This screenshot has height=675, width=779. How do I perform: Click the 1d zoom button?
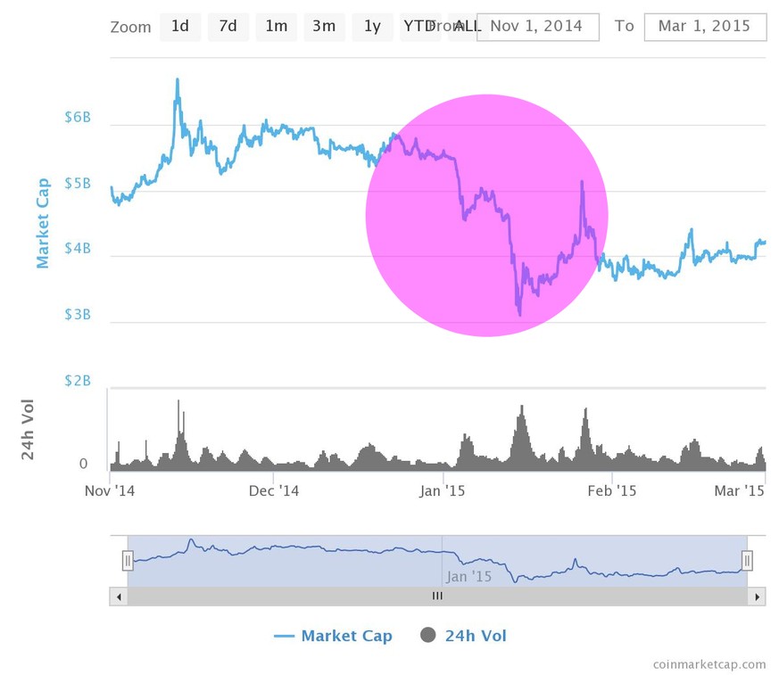coord(180,27)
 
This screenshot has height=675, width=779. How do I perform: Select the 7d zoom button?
coord(228,27)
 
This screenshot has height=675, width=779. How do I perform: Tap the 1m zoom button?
coord(277,27)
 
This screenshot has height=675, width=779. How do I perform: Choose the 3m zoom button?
coord(324,27)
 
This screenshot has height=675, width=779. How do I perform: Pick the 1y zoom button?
coord(372,27)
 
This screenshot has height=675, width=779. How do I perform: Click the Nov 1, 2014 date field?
coord(537,27)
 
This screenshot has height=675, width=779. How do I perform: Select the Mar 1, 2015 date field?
coord(705,27)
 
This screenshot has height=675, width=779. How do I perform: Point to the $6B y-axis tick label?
coord(78,118)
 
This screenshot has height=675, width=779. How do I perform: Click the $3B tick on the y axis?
coord(78,315)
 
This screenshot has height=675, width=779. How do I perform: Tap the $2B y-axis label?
coord(78,381)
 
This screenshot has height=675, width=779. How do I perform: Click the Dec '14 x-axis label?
coord(274,490)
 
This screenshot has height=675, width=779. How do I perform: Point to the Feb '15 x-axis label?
coord(613,490)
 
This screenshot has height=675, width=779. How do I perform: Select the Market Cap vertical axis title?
coord(43,223)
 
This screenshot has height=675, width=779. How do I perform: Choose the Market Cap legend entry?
coord(345,636)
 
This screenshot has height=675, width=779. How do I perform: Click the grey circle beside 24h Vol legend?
coord(428,636)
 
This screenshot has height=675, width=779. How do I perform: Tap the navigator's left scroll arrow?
coord(118,596)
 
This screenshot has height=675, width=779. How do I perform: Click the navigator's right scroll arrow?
coord(757,596)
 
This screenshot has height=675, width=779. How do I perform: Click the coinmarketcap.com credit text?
coord(709,663)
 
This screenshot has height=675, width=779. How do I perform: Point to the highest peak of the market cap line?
coord(177,79)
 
